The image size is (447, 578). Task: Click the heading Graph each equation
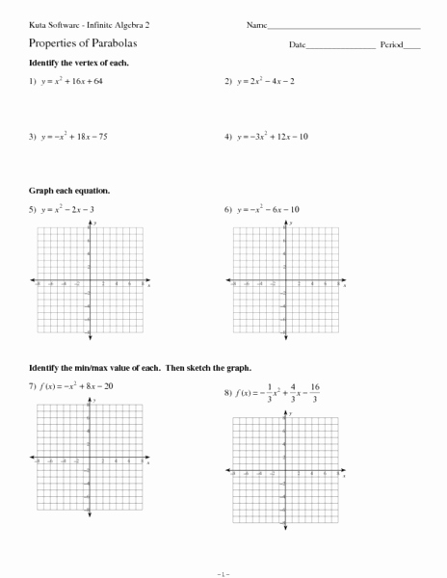(x=69, y=191)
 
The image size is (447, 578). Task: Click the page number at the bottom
(x=223, y=572)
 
